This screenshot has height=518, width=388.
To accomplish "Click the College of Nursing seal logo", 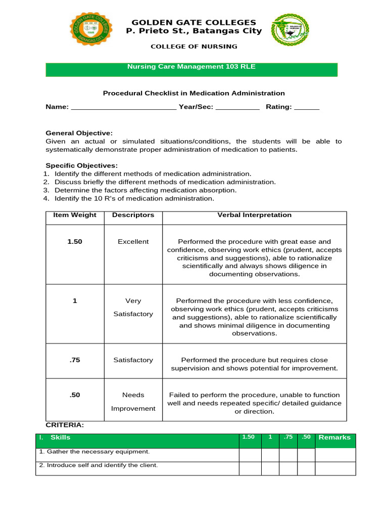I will click(290, 31).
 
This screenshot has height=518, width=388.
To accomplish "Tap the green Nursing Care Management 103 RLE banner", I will click(191, 69).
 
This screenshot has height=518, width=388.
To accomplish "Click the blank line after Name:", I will click(124, 107).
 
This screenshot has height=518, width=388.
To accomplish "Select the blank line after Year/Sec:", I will click(237, 107).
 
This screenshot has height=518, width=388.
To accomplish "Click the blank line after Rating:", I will click(307, 107).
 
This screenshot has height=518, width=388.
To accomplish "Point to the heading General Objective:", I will click(79, 133).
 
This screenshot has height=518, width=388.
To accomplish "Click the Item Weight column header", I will click(75, 215).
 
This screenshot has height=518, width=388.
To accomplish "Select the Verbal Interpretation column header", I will click(254, 215).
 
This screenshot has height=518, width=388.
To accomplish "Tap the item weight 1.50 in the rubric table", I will click(75, 242).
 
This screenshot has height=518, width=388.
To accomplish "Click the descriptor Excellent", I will click(133, 242).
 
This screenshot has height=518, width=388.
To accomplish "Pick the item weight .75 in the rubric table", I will click(75, 360).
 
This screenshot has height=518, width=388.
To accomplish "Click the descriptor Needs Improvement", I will click(133, 402).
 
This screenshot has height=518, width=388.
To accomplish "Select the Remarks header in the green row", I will click(334, 438).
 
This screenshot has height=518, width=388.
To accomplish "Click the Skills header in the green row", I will click(60, 438).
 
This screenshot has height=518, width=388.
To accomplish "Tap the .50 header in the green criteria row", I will click(305, 437).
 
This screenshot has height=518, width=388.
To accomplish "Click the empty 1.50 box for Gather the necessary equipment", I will click(250, 455).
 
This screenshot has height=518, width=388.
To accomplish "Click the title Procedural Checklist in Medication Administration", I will click(194, 93).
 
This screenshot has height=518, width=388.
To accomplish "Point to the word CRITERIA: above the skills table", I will click(65, 425).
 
